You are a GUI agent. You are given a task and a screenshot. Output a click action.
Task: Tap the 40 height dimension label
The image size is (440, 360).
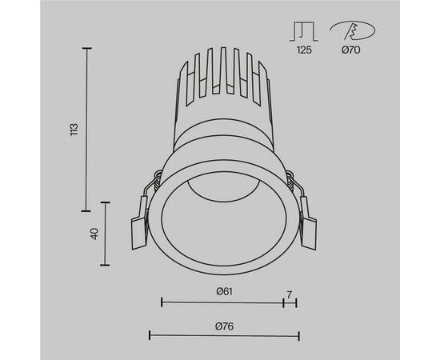94,234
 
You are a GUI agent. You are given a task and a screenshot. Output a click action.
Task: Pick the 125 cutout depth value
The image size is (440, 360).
304,50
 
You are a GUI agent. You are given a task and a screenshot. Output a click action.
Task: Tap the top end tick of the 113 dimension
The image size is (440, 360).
86,47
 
